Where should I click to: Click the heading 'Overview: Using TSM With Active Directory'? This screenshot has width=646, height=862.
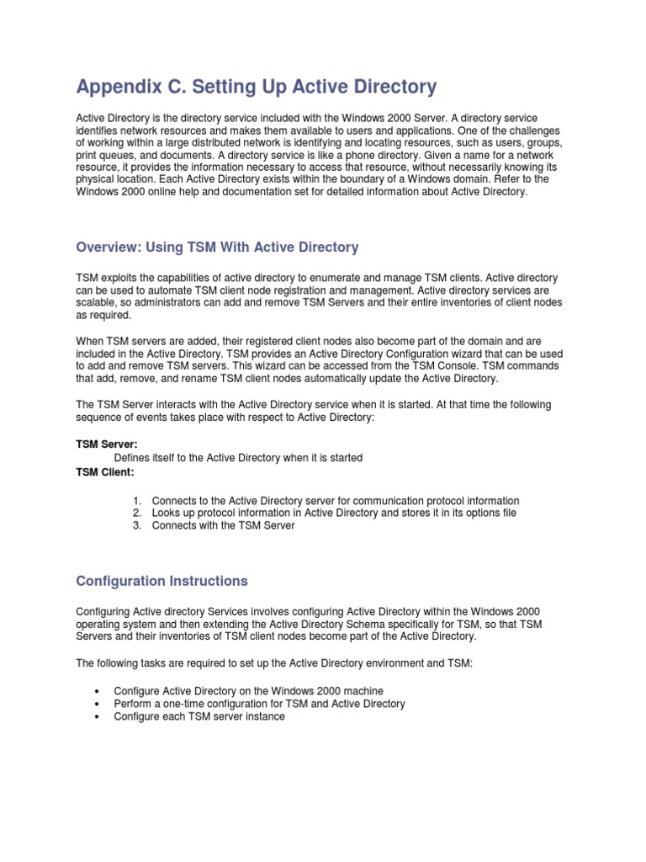click(x=217, y=247)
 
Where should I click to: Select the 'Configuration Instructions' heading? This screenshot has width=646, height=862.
click(x=161, y=581)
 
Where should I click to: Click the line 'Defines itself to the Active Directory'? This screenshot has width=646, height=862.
click(x=238, y=458)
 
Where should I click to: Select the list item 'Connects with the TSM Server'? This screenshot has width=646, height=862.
click(x=223, y=525)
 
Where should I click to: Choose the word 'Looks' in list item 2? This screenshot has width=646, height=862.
click(x=166, y=513)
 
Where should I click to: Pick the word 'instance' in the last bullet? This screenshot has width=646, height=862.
click(x=263, y=716)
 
